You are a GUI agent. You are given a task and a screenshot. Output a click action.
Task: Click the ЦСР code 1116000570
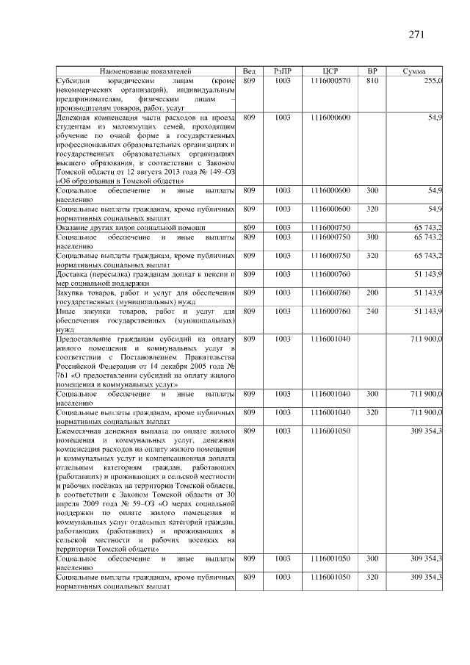coord(330,79)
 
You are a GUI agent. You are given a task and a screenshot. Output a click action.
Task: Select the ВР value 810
coord(372,79)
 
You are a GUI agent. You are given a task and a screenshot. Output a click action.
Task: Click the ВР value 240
coord(372,312)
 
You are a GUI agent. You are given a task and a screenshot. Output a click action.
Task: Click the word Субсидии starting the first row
coord(73,79)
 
